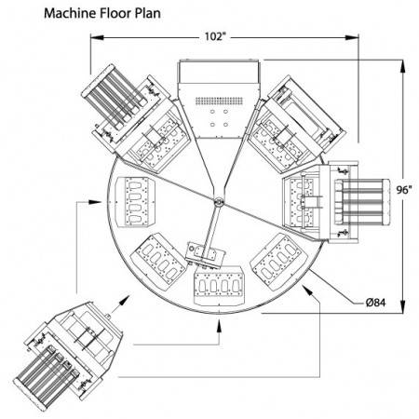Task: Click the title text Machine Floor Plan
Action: point(102,14)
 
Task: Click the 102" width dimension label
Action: point(214,36)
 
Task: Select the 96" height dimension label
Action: point(404,190)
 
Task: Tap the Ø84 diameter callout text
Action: point(375,302)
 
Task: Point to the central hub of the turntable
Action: point(219,202)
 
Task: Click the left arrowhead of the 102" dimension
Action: point(97,37)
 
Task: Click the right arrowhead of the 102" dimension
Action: point(352,37)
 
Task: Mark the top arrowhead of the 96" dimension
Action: point(403,66)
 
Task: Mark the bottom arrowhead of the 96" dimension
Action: point(403,306)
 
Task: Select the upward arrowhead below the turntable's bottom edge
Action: point(219,326)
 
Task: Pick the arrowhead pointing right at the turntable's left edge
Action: point(95,202)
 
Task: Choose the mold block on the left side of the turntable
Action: point(135,202)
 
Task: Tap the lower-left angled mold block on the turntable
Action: point(158,262)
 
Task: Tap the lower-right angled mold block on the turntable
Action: point(278,262)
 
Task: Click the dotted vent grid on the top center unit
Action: point(219,101)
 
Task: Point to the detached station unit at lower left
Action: point(68,356)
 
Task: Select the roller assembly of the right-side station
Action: point(362,202)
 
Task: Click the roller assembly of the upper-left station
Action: point(115,97)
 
